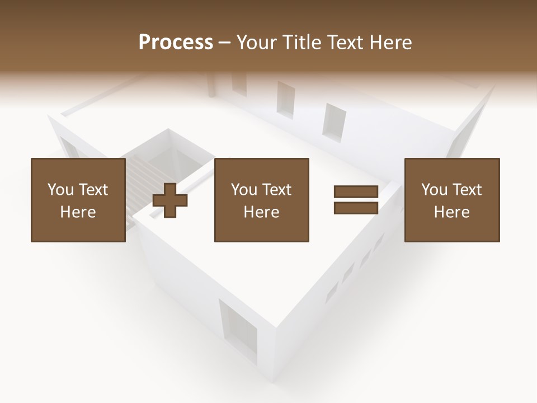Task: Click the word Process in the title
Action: coord(176,43)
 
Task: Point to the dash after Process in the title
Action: coord(225,43)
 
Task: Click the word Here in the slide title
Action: coord(390,43)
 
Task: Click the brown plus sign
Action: coord(170,200)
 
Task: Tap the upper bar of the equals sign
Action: coord(356,192)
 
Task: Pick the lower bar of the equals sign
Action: coord(356,208)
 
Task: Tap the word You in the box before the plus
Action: coord(60,190)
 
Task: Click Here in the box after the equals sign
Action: coord(452,212)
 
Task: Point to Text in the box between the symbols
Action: coord(277,190)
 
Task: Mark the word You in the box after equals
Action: coord(434,190)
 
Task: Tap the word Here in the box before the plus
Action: coord(78,212)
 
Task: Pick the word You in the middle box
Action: coord(244,190)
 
